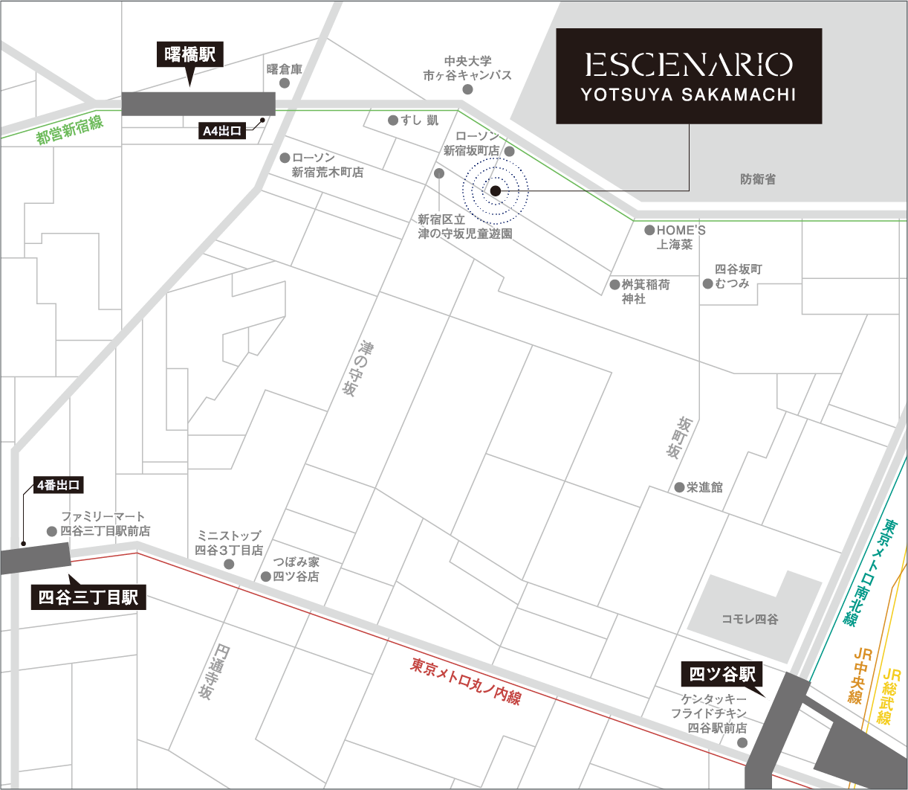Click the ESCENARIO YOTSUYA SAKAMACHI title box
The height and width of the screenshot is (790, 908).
(x=689, y=76)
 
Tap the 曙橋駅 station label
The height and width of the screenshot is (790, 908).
(x=190, y=54)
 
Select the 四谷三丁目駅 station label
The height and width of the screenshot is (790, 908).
(x=88, y=597)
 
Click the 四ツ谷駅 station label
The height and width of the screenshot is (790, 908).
(x=722, y=674)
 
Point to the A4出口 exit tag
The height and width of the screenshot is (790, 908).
(x=222, y=132)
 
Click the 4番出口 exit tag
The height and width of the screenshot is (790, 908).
(x=59, y=486)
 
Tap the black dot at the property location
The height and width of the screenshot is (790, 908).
(x=496, y=191)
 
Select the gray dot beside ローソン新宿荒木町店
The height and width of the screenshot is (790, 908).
(x=285, y=158)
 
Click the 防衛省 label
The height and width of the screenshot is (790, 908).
(x=758, y=179)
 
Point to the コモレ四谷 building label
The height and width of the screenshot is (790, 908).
(x=750, y=619)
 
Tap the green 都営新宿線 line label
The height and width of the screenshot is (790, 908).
(x=70, y=133)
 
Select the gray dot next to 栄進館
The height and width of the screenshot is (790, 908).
(x=679, y=487)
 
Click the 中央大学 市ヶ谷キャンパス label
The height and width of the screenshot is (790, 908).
(x=467, y=68)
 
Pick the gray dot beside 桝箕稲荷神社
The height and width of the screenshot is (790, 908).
(x=614, y=285)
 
